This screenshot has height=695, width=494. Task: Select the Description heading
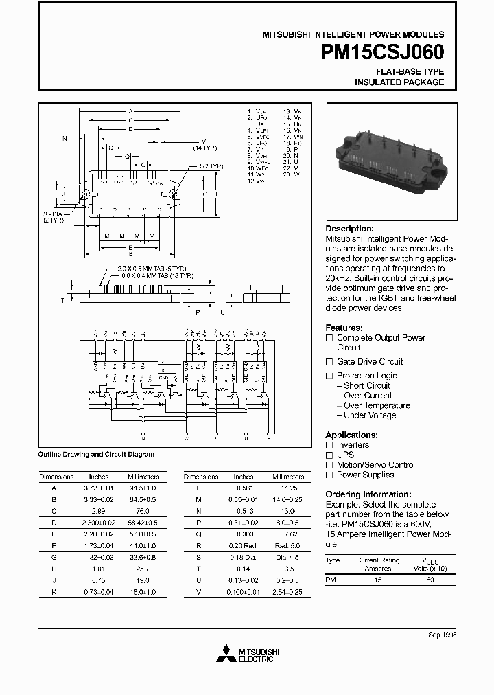pos(349,229)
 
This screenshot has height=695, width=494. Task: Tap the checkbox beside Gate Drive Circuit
pos(329,362)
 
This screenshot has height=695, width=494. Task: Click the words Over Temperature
pos(377,405)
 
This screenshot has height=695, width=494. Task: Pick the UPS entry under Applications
pos(346,455)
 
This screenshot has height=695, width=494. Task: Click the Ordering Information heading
pos(368,494)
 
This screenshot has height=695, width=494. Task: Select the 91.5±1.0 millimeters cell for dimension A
pos(144,488)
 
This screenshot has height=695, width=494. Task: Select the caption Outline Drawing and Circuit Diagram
pos(96,454)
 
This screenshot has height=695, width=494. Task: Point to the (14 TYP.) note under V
pos(204,148)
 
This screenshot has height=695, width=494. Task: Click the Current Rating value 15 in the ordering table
pos(377,580)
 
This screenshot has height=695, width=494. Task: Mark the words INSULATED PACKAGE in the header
pos(399,82)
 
